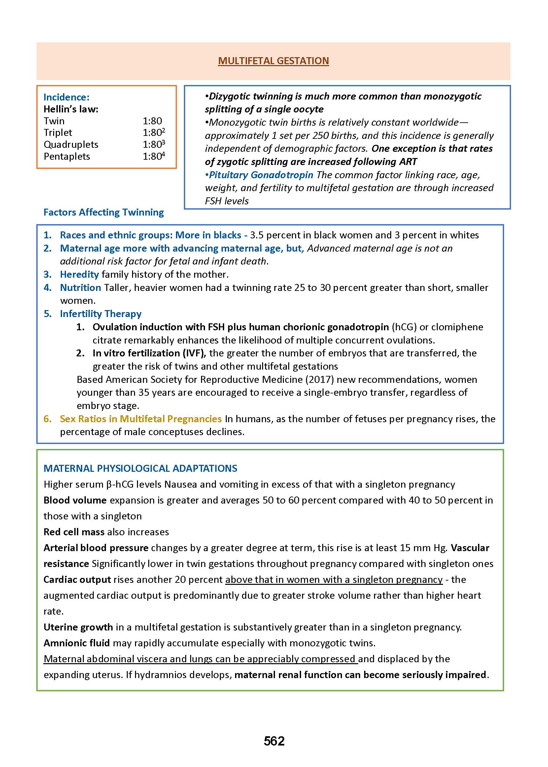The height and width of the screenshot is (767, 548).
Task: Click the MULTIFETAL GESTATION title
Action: [x=273, y=61]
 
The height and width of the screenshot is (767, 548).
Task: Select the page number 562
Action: [x=274, y=741]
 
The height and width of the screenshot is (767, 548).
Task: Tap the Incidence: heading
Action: [x=66, y=97]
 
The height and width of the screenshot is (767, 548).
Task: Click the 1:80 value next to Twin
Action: [x=152, y=121]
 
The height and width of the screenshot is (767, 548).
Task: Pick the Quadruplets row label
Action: [x=71, y=144]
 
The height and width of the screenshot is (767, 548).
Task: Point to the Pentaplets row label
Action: [x=67, y=156]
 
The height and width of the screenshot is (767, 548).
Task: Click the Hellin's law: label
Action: [x=71, y=109]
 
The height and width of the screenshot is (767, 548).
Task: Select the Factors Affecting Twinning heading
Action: [x=104, y=212]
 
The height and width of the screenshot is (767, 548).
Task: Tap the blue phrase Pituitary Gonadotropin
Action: [x=261, y=175]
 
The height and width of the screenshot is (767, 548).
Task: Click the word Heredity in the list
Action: [x=79, y=274]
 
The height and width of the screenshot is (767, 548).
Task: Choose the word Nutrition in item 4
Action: [x=80, y=288]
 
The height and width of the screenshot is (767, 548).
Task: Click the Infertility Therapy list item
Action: [x=101, y=313]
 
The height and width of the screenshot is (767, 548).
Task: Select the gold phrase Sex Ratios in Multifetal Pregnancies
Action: [x=141, y=419]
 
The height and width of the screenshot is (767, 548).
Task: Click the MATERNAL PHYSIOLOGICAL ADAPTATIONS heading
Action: [x=140, y=468]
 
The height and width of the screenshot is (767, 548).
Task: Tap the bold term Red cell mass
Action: [x=74, y=532]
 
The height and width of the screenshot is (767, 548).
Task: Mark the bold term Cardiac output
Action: [x=77, y=580]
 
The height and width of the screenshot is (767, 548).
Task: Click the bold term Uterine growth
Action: [x=78, y=627]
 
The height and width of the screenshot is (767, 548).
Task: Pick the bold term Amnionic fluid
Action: [x=77, y=643]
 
